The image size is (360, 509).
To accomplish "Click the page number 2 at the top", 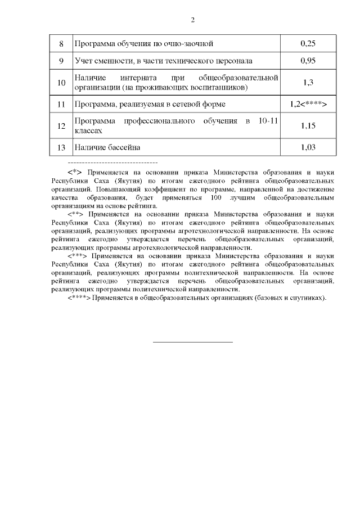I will tap(192, 21).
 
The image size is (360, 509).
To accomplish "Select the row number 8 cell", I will tap(61, 43).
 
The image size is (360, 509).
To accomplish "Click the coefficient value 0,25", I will tap(308, 43).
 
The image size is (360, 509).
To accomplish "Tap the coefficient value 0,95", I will tap(308, 60).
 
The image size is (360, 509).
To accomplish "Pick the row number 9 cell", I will tap(61, 60).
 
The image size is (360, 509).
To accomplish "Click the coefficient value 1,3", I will tap(308, 82).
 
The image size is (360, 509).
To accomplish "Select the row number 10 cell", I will tap(61, 82).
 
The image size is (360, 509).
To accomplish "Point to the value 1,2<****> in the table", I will tap(308, 104).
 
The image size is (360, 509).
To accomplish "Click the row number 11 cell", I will tap(61, 104).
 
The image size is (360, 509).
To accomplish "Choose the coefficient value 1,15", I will tap(308, 125).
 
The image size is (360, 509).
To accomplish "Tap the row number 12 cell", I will tap(61, 125).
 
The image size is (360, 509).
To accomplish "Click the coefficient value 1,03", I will tap(308, 147).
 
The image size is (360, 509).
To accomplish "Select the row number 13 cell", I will tap(61, 147).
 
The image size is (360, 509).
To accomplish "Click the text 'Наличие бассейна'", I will tap(107, 147).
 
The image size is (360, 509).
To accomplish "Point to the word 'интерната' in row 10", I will tap(137, 76).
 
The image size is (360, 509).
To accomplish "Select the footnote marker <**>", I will tap(76, 214).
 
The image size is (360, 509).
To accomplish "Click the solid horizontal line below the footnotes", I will tap(193, 341).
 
